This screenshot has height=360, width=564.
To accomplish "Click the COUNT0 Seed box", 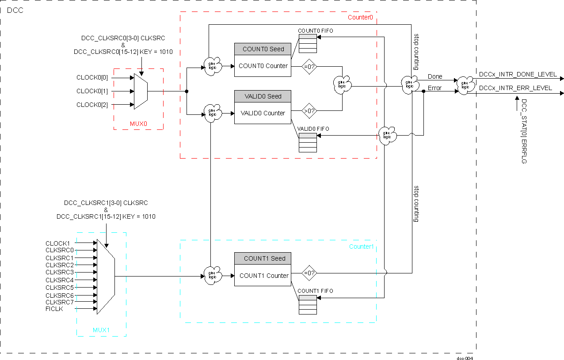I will point(263,49).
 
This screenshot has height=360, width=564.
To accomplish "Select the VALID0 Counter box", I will point(263,113).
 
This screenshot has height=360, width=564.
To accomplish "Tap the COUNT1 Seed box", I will point(264,258).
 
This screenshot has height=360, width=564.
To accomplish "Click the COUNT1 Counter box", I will point(264,276).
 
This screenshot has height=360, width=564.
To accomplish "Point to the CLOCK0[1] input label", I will point(92,91).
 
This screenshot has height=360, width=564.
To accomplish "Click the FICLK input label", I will point(54,309).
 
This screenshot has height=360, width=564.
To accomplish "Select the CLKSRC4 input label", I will point(60,280).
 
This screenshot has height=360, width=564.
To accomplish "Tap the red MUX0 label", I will point(138,124).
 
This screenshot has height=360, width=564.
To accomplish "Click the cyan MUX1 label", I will point(101,330).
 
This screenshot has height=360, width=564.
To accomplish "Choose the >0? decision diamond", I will point(309,110).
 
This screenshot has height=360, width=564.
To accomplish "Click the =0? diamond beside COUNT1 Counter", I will point(309,273).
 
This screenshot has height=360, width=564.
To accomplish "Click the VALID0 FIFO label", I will point(313,129).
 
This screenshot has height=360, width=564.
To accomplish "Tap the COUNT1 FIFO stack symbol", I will point(308,304).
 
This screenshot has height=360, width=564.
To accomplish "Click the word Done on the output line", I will point(435,77).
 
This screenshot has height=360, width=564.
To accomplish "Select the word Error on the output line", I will point(434,88).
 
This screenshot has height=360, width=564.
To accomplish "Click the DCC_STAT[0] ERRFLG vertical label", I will point(524,131).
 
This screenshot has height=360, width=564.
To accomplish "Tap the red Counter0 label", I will point(360,17).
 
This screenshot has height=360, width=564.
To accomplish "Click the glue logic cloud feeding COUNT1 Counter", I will point(213,273).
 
